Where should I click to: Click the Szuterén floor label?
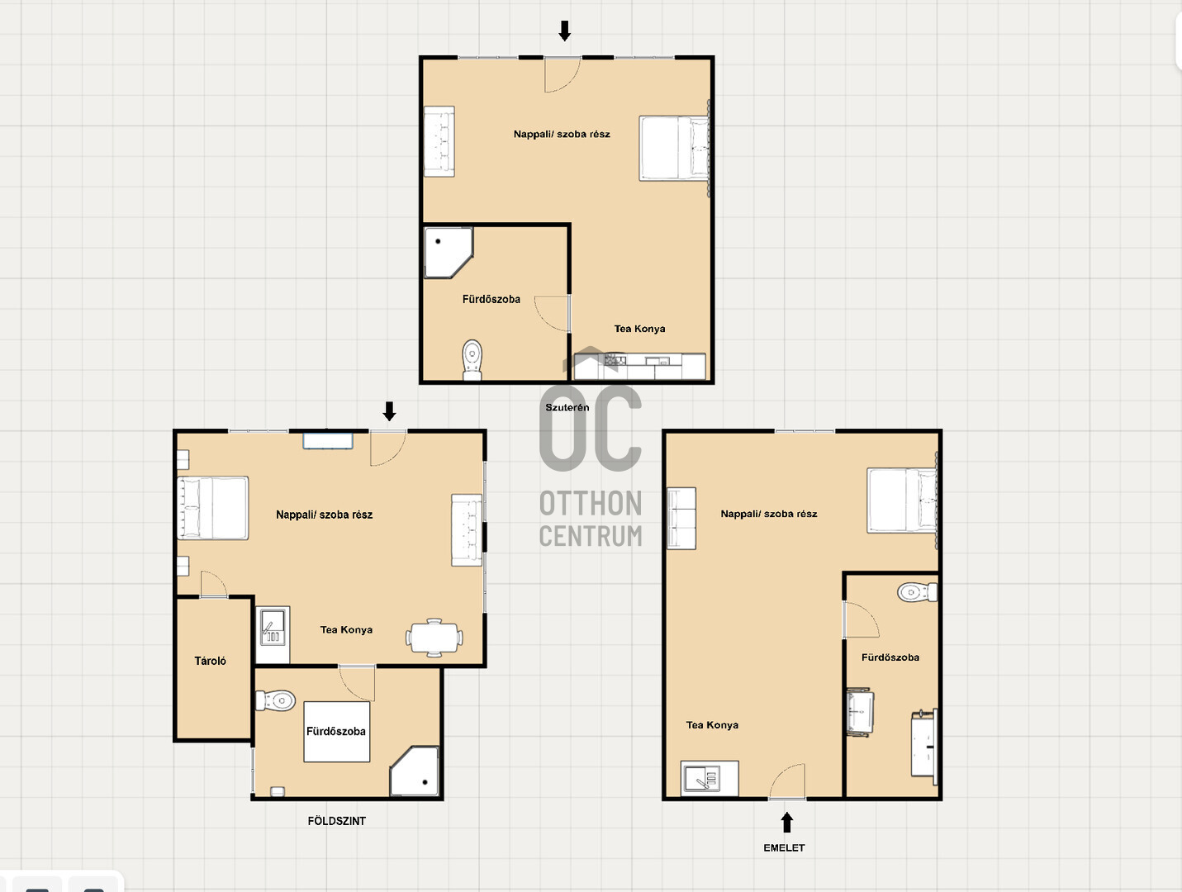[x=567, y=407]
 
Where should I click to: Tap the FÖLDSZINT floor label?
[x=336, y=821]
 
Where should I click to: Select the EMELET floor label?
[x=784, y=848]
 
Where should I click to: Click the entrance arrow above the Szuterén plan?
[x=564, y=31]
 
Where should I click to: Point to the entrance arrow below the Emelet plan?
[x=786, y=823]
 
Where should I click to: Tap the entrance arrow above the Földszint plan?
[x=389, y=411]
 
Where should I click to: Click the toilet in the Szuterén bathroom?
[x=472, y=359]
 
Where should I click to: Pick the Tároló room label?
[x=210, y=661]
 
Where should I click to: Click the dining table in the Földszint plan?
[x=434, y=638]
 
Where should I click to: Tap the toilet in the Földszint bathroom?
[x=275, y=701]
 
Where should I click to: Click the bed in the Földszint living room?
[x=213, y=508]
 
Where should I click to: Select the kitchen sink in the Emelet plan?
[x=710, y=778]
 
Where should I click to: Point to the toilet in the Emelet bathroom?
[x=917, y=592]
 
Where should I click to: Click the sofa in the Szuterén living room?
[x=439, y=141]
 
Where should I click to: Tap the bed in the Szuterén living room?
[x=674, y=148]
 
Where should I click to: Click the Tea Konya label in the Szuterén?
[x=640, y=329]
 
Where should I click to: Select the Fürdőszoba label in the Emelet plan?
[x=890, y=657]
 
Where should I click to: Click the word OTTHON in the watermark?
[x=591, y=503]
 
